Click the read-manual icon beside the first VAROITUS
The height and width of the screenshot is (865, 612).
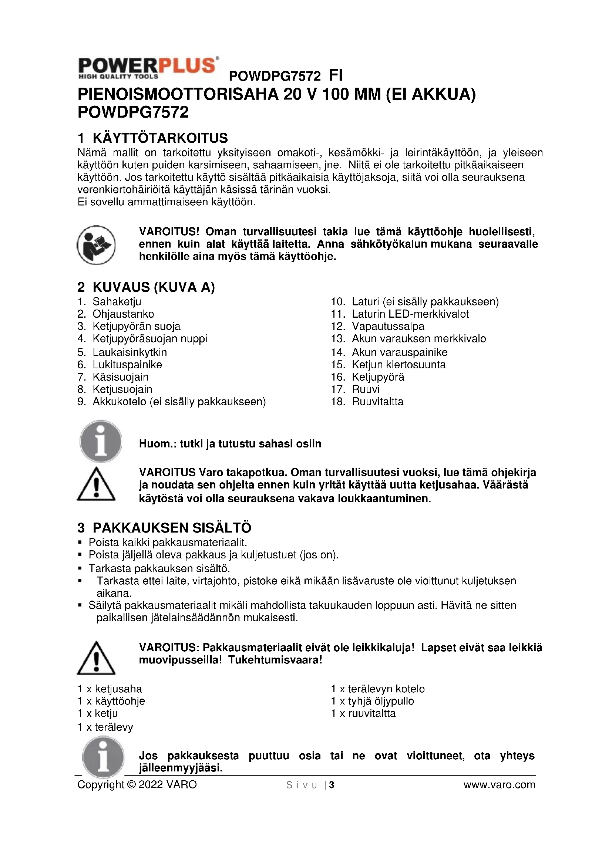click(96, 245)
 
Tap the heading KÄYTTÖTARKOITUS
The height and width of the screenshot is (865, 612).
click(160, 138)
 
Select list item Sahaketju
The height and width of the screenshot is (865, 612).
click(117, 301)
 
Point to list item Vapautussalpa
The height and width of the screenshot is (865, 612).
click(388, 326)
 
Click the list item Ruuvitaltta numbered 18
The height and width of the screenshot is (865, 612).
click(378, 402)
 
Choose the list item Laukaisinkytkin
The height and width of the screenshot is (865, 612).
click(130, 352)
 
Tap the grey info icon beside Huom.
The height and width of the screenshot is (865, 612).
click(101, 441)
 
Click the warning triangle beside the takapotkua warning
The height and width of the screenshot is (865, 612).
click(96, 485)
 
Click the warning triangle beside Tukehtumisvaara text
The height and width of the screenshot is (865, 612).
click(96, 659)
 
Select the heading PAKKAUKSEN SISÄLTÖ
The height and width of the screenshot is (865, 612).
click(172, 528)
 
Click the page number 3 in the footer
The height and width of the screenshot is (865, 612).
click(332, 785)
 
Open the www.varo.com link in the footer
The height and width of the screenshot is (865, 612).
click(499, 785)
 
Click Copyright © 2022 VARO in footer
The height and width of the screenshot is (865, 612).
click(137, 785)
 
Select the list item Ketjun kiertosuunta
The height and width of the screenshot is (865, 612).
click(399, 365)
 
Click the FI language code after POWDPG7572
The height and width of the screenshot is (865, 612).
click(336, 75)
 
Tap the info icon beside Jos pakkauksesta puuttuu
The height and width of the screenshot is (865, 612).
click(103, 757)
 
